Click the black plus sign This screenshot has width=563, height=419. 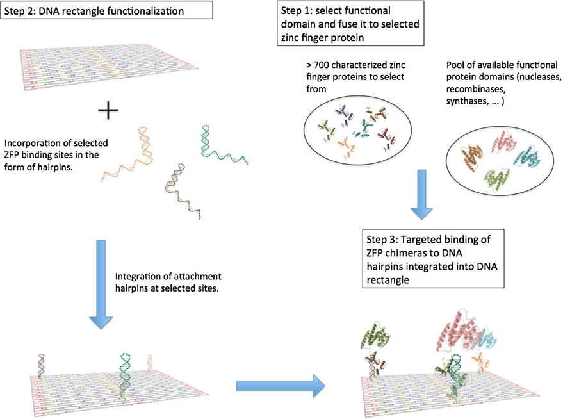pos(108,111)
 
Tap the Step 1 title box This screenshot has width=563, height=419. pos(349,24)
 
